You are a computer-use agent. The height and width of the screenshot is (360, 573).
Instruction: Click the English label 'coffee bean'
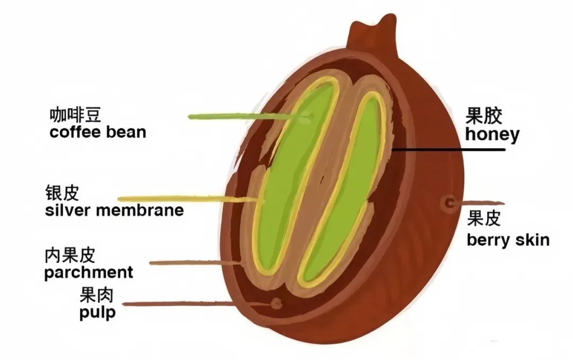[x=98, y=132]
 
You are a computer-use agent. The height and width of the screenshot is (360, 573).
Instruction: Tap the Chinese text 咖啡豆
[x=75, y=115]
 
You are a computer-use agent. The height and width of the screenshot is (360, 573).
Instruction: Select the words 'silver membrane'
[x=114, y=210]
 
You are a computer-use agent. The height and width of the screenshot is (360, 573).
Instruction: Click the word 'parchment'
[x=89, y=273]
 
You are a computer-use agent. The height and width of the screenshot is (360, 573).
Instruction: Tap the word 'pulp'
[x=98, y=312]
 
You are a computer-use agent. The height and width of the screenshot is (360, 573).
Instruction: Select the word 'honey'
[x=492, y=134]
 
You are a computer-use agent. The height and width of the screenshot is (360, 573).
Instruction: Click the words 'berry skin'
[x=508, y=240]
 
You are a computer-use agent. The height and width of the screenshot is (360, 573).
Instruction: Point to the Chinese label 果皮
[x=483, y=218]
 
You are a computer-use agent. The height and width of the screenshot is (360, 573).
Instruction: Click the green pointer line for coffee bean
[x=239, y=116]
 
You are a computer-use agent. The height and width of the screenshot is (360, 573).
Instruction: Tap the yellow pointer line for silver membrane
[x=186, y=199]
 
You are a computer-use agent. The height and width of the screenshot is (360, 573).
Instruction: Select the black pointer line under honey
[x=451, y=149]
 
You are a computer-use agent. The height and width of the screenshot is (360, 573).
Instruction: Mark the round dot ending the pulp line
[x=276, y=303]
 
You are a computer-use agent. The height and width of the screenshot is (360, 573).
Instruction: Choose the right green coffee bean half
[x=345, y=191]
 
